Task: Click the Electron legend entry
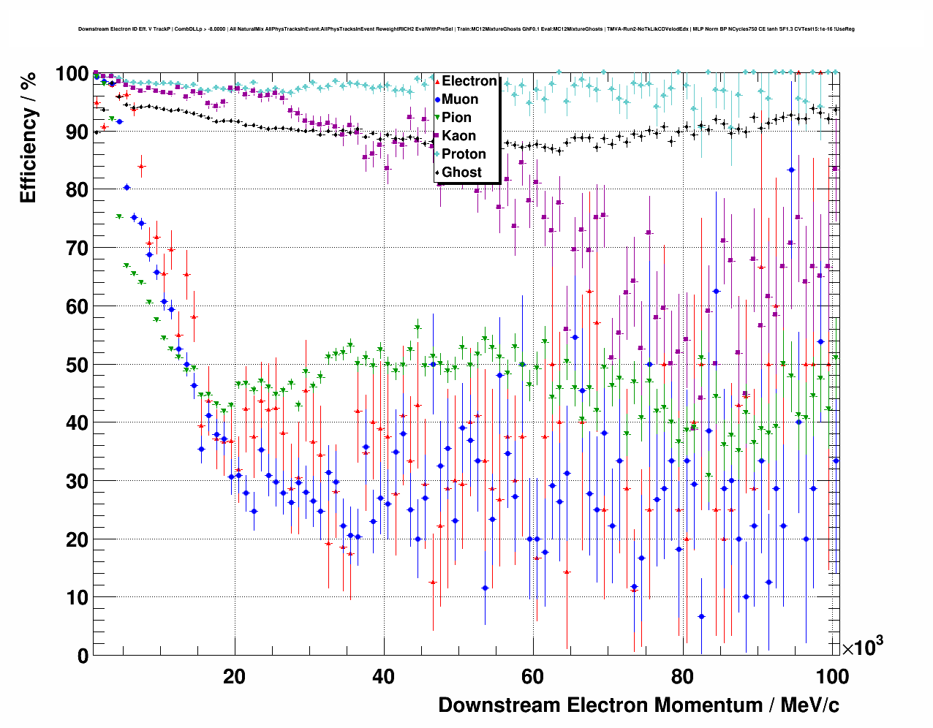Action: (469, 81)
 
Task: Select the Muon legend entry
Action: (460, 99)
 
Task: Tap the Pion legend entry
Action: (456, 118)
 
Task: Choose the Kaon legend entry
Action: (458, 136)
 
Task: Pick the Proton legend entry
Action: (464, 154)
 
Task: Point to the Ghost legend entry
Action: (461, 172)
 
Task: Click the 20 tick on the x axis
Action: (234, 676)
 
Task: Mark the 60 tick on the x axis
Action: (532, 676)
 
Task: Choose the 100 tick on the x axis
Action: (832, 676)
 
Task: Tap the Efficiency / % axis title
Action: (28, 139)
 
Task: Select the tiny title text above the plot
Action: (466, 29)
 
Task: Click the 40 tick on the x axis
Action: (383, 676)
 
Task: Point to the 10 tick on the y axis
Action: (78, 598)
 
